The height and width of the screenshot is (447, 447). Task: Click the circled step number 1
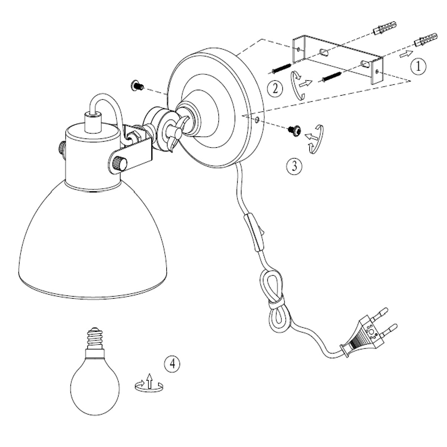click(418, 67)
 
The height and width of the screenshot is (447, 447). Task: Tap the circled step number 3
click(294, 166)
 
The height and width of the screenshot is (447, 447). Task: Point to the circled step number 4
click(172, 364)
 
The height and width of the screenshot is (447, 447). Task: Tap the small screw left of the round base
click(137, 86)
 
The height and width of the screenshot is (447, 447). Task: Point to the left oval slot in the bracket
click(324, 52)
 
